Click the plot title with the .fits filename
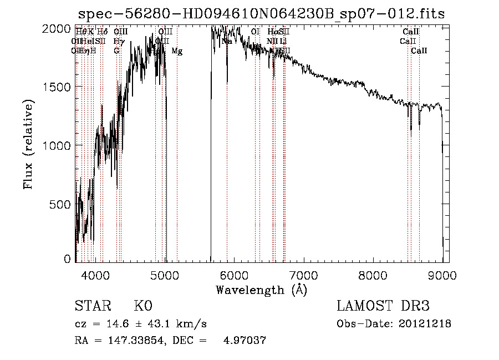261,13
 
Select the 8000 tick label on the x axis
373,275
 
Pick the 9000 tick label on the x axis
442,275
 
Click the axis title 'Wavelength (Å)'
261,290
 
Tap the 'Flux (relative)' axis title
28,144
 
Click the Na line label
227,41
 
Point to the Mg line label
177,51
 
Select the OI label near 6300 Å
255,32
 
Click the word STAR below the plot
92,306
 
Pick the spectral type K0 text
143,306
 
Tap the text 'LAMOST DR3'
383,306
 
